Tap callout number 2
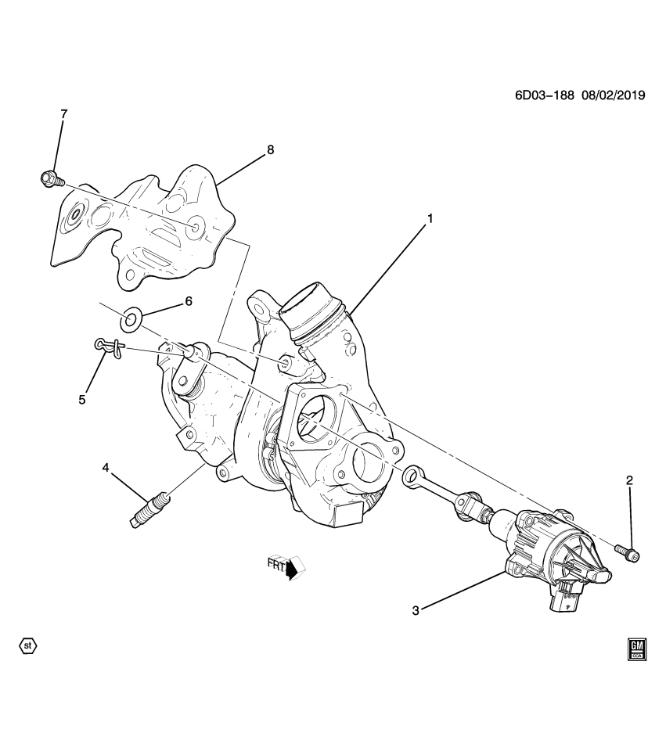pyautogui.click(x=628, y=480)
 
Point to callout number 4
pyautogui.click(x=106, y=468)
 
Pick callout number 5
pyautogui.click(x=82, y=401)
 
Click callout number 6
pyautogui.click(x=188, y=300)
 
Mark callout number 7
pyautogui.click(x=63, y=114)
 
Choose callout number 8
pyautogui.click(x=270, y=149)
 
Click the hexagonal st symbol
pyautogui.click(x=27, y=646)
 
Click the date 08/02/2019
pyautogui.click(x=611, y=95)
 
